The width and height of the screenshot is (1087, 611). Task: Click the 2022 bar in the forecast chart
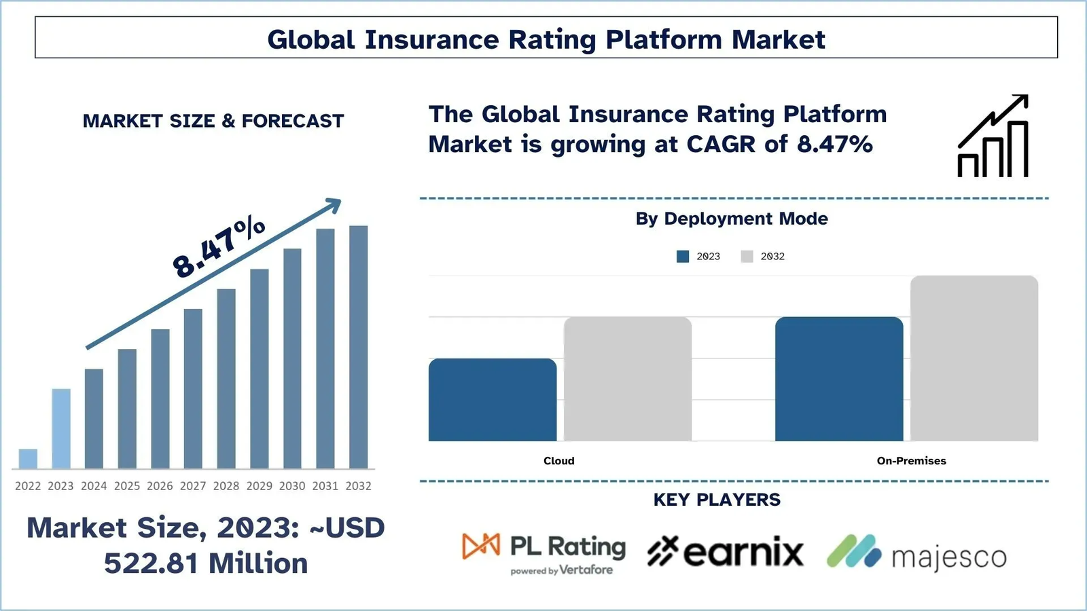click(x=28, y=459)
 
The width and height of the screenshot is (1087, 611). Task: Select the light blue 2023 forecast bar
click(x=61, y=428)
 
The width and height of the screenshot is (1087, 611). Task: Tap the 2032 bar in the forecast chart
click(x=358, y=347)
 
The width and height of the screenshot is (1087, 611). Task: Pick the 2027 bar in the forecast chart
click(x=193, y=388)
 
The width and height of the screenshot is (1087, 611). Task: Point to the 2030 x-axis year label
click(x=292, y=486)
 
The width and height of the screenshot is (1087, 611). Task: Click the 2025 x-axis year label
click(x=127, y=486)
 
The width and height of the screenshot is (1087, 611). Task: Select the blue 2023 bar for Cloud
click(x=493, y=400)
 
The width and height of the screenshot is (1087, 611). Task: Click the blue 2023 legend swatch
click(x=683, y=257)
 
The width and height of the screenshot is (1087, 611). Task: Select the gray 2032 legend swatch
click(x=747, y=257)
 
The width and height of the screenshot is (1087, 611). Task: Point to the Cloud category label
click(x=559, y=461)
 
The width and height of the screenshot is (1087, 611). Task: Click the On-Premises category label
click(x=911, y=461)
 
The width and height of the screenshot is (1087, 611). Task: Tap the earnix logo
click(x=725, y=552)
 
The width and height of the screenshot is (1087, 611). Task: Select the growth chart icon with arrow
click(x=993, y=136)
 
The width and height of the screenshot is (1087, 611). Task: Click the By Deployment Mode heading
click(x=732, y=219)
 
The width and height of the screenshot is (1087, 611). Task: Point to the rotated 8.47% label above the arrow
click(x=219, y=246)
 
